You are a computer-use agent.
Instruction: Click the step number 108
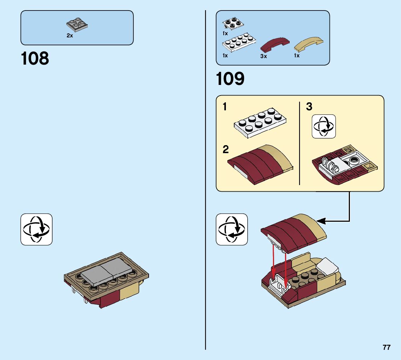35,59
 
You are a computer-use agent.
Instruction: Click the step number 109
230,79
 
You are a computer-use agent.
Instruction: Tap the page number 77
386,347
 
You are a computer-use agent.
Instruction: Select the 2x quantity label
70,36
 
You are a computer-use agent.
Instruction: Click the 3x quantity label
264,56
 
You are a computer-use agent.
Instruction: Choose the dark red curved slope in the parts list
275,45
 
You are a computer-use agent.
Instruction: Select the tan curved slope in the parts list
309,45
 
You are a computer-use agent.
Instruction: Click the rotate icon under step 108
36,229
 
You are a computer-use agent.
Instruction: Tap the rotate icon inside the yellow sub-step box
324,126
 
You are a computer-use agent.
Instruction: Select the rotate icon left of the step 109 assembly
232,229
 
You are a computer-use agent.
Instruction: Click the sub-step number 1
225,107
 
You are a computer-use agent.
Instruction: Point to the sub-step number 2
226,149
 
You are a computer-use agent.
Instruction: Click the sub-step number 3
309,107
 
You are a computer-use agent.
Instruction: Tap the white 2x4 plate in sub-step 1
259,122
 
